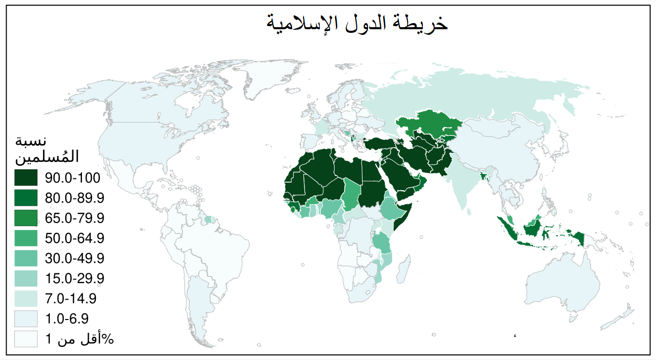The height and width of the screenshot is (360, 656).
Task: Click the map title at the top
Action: click(x=357, y=23)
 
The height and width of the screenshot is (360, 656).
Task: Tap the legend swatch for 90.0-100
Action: click(x=26, y=178)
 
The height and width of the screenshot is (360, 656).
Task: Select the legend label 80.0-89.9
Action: click(x=75, y=198)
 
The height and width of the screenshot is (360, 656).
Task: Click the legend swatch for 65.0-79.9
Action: click(x=26, y=218)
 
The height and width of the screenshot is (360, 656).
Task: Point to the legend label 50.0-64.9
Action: click(x=75, y=238)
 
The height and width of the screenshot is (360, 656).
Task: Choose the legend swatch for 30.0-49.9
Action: click(x=26, y=258)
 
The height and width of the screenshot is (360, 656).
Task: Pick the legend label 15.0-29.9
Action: click(x=75, y=278)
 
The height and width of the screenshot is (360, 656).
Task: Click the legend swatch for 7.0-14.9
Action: click(x=26, y=298)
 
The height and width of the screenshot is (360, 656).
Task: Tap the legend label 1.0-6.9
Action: click(x=67, y=318)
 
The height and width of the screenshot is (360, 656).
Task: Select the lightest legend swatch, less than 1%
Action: click(x=26, y=338)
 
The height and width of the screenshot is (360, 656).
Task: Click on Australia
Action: click(x=564, y=282)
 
